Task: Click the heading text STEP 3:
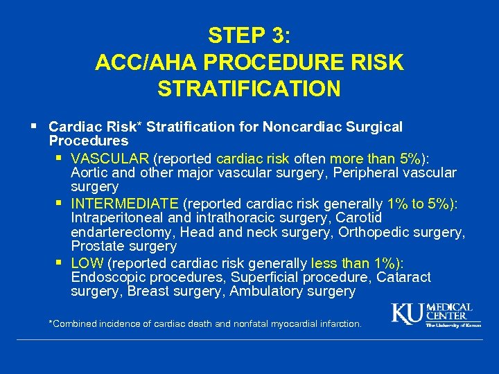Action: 249,35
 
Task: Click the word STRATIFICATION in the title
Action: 249,89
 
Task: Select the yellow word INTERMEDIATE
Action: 125,204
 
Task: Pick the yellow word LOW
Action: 87,263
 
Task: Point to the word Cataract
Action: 405,278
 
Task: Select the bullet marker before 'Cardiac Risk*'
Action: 35,127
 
